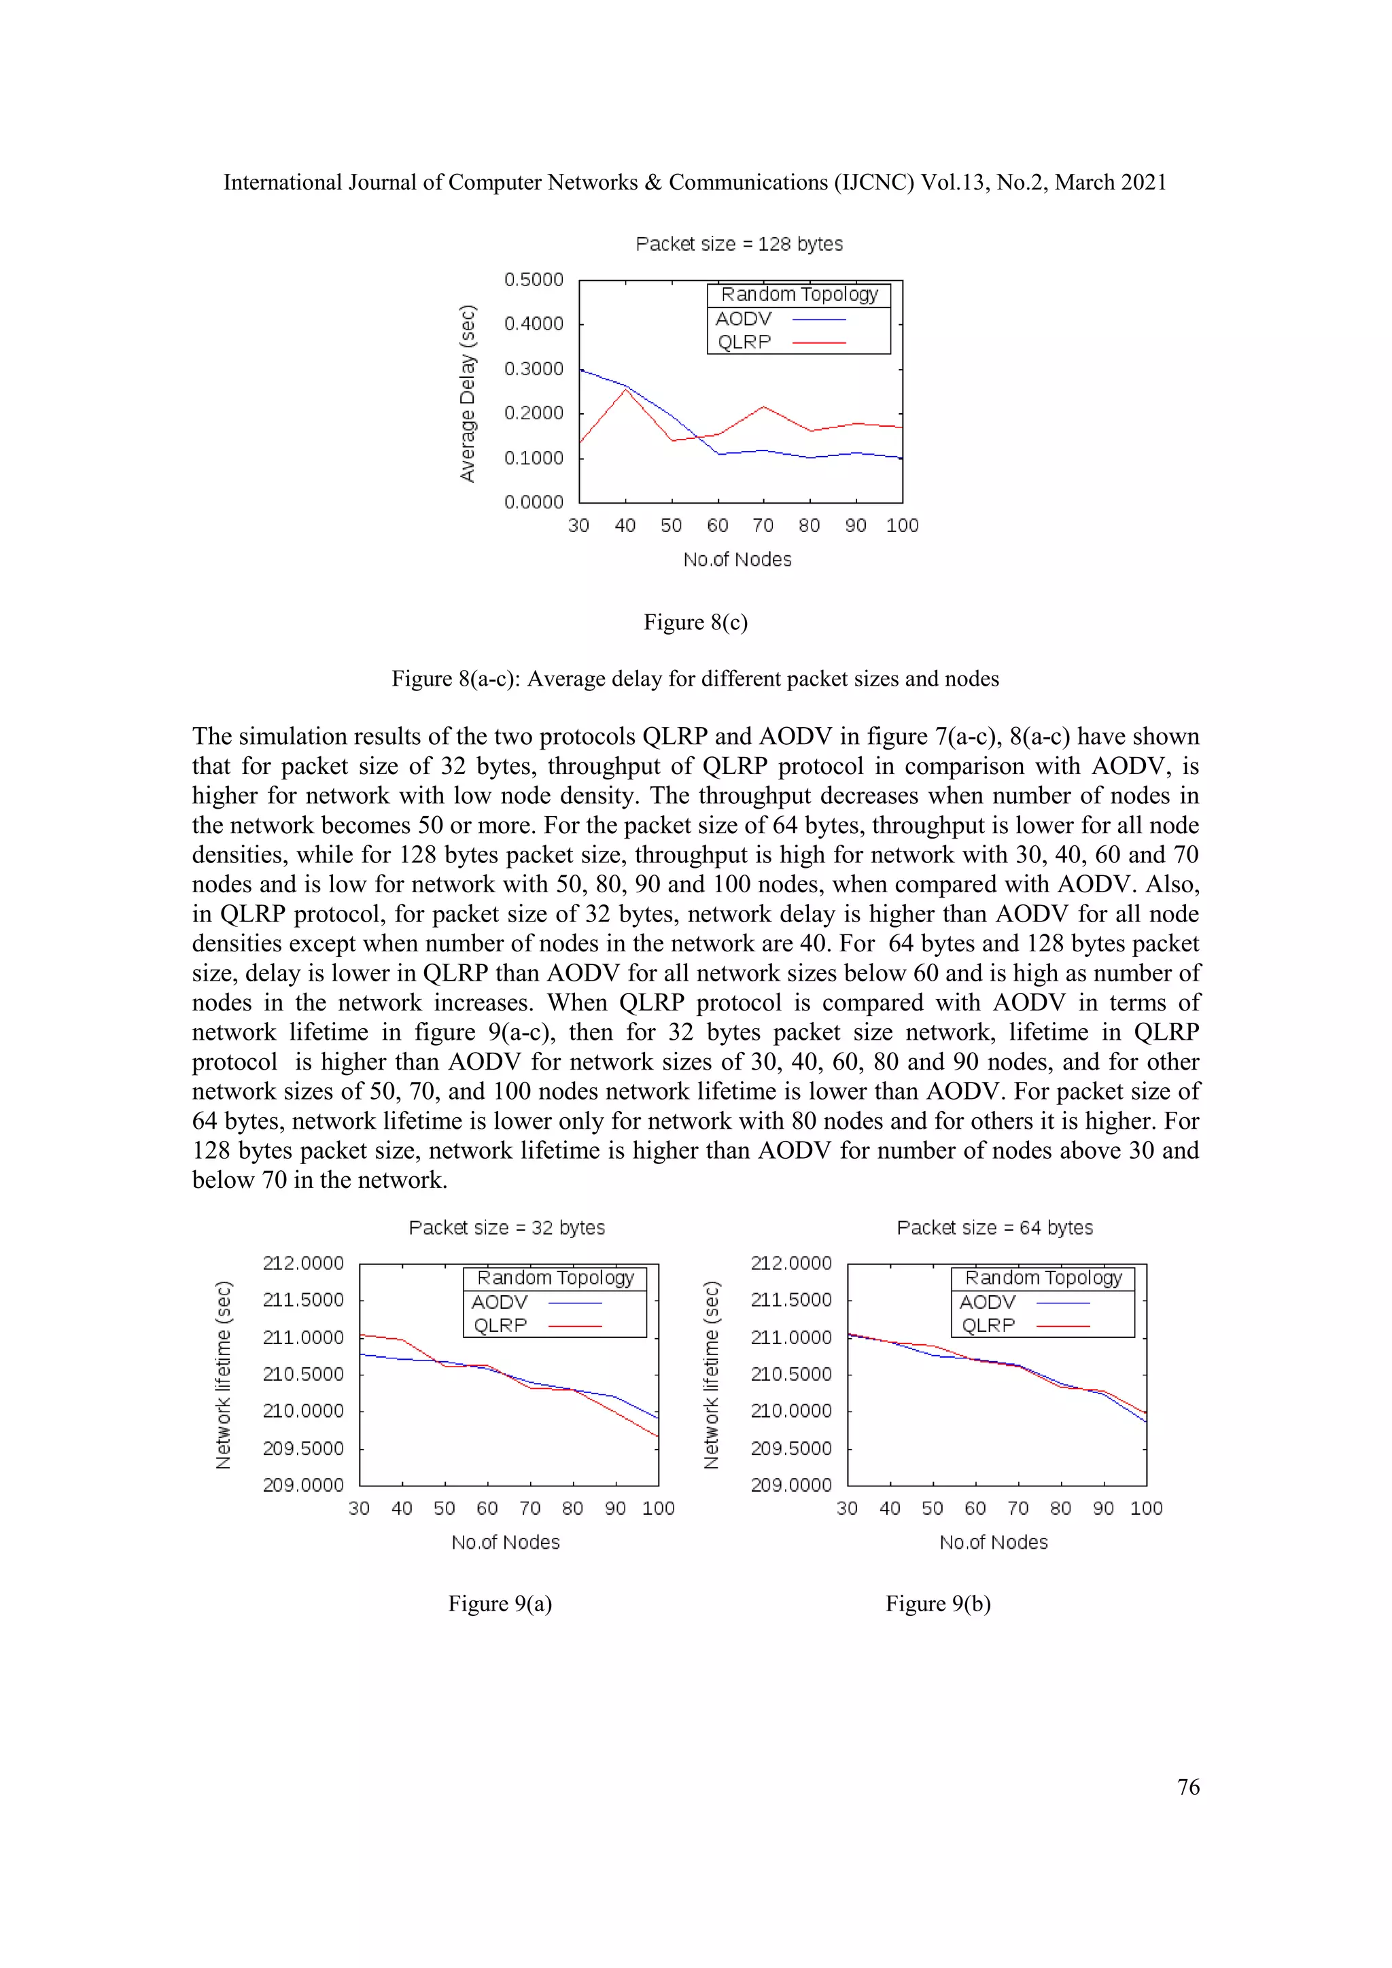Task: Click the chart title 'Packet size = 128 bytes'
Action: [x=739, y=244]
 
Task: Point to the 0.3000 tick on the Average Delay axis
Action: [x=533, y=368]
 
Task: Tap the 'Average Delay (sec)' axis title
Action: [x=467, y=393]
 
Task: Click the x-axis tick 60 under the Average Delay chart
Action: [x=718, y=525]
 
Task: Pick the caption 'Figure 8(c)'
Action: [x=695, y=622]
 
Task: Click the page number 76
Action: [x=1188, y=1787]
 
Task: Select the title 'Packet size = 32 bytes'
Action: [x=506, y=1227]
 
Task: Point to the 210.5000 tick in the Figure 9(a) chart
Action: [x=302, y=1374]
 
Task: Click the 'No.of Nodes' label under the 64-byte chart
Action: [x=994, y=1542]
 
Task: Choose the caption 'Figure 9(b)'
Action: [x=938, y=1604]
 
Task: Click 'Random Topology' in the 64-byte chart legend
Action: [x=1043, y=1278]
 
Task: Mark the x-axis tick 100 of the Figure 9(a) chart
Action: [x=659, y=1509]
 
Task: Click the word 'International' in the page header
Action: [x=283, y=183]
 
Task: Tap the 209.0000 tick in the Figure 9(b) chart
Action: [x=790, y=1485]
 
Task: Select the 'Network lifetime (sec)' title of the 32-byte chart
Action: [x=223, y=1375]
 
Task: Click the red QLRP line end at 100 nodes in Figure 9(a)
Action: [x=657, y=1436]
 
